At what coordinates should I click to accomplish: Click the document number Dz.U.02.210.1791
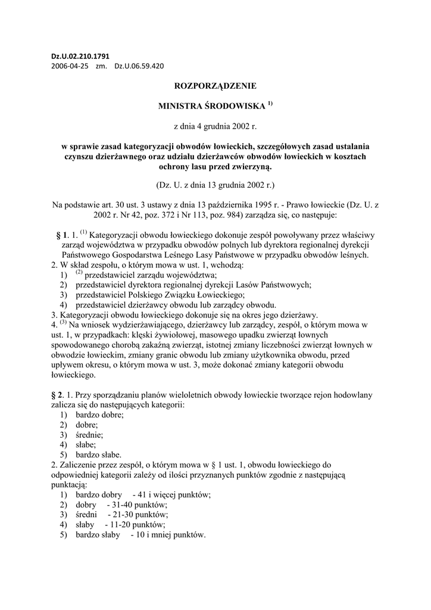[80, 57]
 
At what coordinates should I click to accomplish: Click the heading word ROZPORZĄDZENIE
[215, 86]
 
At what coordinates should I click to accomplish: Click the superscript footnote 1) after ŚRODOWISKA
[270, 104]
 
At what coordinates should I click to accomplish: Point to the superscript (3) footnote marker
[63, 322]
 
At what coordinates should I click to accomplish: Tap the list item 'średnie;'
[89, 434]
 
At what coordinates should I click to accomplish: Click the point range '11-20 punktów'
[139, 525]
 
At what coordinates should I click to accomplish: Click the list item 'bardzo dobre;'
[99, 415]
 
